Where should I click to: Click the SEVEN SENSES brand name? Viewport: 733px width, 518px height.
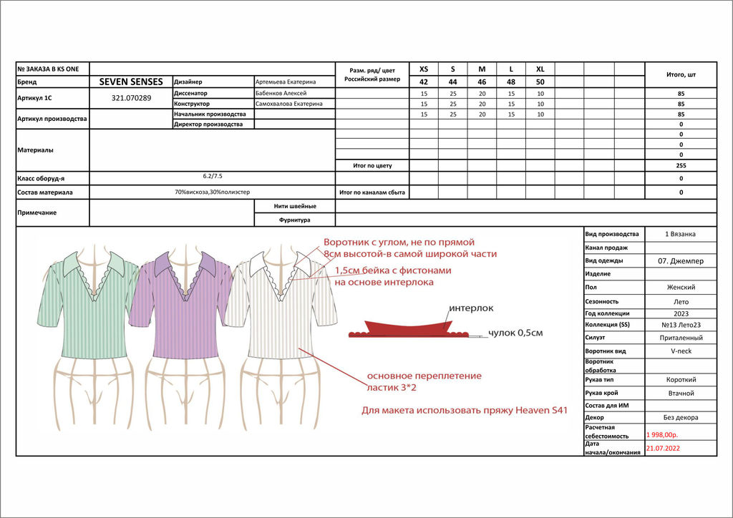click(131, 82)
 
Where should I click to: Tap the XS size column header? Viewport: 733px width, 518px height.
click(424, 69)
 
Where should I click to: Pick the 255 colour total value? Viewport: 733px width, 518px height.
click(680, 165)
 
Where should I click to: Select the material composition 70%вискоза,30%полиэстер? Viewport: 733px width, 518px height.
click(212, 192)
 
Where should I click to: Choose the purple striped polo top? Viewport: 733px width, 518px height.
click(183, 308)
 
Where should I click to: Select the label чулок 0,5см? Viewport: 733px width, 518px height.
click(515, 333)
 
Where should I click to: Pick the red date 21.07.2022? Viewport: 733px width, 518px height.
click(662, 449)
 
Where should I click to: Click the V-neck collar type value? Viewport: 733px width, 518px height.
click(679, 351)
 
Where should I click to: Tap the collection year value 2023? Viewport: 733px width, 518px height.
click(679, 313)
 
